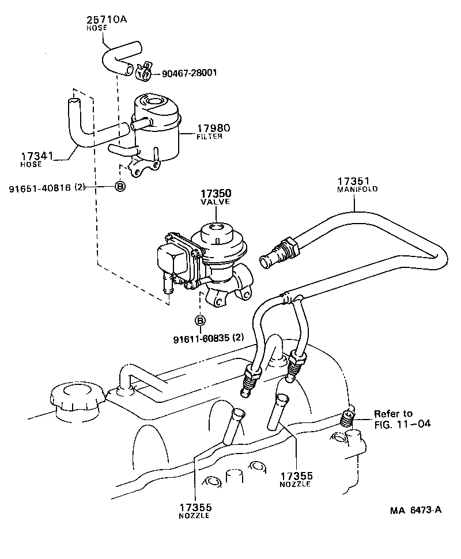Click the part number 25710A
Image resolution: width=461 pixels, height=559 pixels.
(x=107, y=19)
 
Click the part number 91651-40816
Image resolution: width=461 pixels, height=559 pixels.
(x=39, y=186)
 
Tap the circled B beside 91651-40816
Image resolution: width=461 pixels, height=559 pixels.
(x=120, y=186)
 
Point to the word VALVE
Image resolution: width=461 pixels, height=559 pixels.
(x=216, y=202)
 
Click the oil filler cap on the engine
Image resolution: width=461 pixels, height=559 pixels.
(x=75, y=398)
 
